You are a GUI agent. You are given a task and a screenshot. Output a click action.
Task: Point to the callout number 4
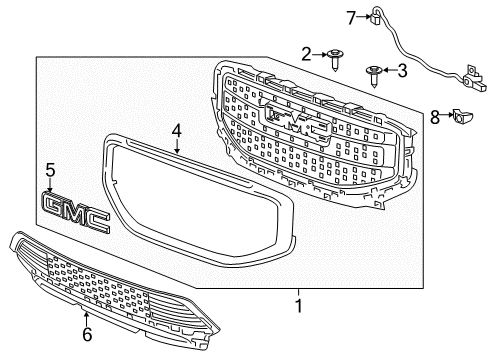176,130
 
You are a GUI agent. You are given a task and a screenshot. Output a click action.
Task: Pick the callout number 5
50,172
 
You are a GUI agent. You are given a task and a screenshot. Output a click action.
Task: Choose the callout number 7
351,16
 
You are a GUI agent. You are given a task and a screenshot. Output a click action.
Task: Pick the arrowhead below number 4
176,148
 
